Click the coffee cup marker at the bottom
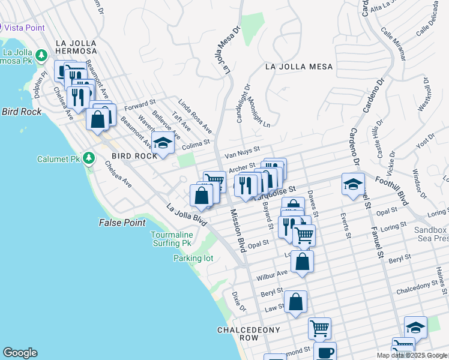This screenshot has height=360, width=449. [325, 352]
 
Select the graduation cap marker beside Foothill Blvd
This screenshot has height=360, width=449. [353, 185]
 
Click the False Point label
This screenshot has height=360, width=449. [122, 223]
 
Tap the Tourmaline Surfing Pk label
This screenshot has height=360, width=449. [175, 238]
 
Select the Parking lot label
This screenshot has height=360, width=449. [193, 258]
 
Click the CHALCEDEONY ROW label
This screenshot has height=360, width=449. [238, 334]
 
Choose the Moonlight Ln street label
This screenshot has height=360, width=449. [259, 112]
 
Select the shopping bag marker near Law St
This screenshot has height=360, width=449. [295, 302]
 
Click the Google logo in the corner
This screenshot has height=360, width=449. [20, 353]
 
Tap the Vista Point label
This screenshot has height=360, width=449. [25, 28]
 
